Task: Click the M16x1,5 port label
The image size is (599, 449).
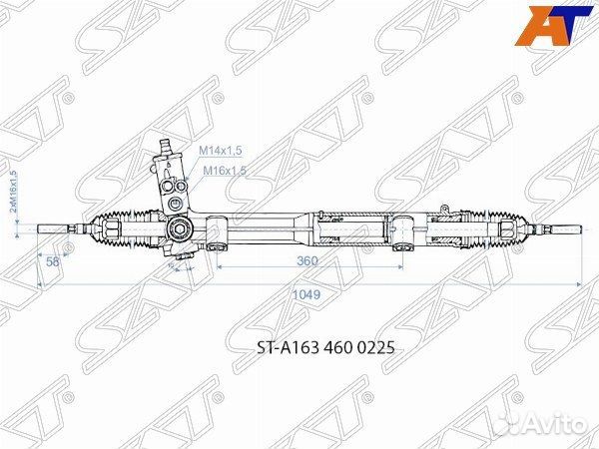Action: [x=225, y=171]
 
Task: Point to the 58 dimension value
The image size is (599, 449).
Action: [x=53, y=260]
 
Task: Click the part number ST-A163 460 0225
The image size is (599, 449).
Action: [x=312, y=349]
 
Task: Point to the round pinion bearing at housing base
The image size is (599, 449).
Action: [x=179, y=230]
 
